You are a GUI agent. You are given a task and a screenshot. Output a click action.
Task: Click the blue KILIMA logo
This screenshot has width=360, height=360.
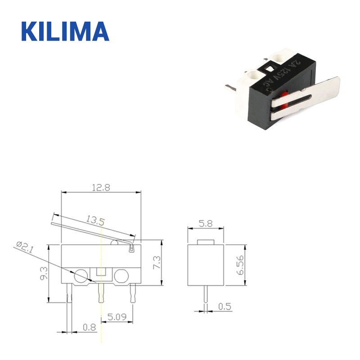pos(65,31)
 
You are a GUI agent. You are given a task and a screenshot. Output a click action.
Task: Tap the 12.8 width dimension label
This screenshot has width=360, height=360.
pos(101,188)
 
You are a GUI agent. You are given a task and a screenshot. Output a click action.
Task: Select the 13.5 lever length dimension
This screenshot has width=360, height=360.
pos(95,220)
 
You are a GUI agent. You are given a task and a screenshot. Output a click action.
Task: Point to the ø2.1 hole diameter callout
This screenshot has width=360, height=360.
pos(25,247)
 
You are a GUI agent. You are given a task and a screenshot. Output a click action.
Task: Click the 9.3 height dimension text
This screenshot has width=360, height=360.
pos(44,274)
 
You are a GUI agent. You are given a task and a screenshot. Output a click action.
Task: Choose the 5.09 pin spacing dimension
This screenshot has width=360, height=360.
pos(117,317)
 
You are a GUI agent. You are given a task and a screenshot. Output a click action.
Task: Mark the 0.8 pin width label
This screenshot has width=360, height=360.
pos(89,327)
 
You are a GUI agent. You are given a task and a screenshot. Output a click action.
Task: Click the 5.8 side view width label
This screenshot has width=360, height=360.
pos(206,223)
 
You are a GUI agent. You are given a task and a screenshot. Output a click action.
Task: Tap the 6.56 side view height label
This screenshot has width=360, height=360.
pos(241,265)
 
